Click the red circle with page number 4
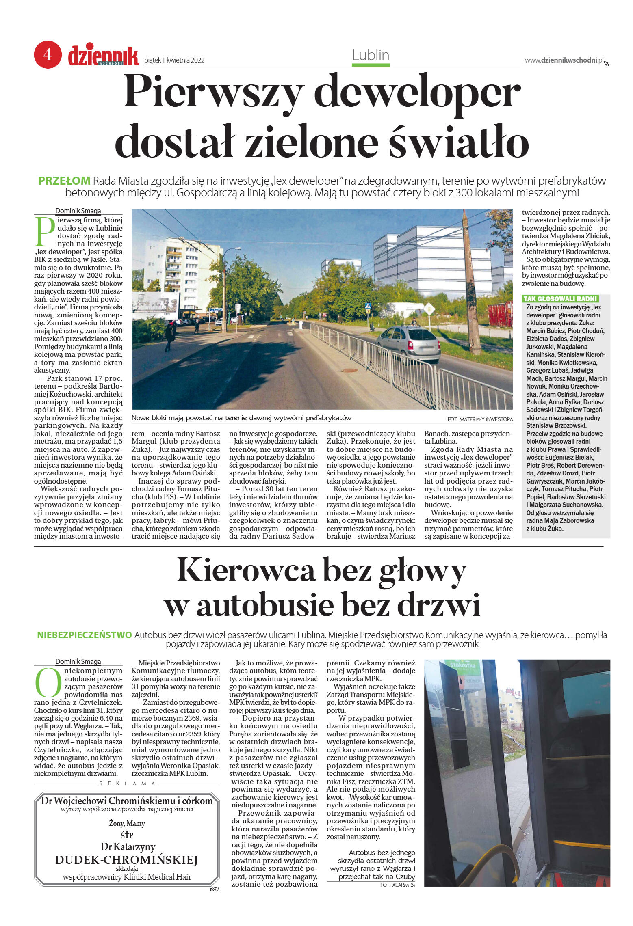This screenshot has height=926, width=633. click(48, 54)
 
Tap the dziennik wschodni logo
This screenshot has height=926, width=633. click(103, 56)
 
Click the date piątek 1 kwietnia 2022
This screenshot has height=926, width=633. click(174, 60)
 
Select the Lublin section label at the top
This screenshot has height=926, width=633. click(371, 55)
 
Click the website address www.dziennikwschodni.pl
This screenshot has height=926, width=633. click(564, 60)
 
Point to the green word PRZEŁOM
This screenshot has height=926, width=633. click(64, 181)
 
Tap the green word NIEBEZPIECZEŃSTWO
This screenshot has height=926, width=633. click(85, 635)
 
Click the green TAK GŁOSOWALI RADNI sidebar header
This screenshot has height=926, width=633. click(560, 299)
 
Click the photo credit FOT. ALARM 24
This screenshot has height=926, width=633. click(397, 885)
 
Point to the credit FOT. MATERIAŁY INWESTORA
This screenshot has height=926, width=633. click(479, 419)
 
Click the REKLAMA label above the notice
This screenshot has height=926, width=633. click(127, 784)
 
